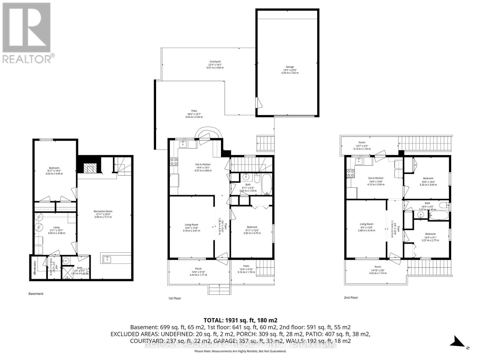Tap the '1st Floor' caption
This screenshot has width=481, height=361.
pyautogui.click(x=174, y=298)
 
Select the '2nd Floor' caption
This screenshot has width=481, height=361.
pyautogui.click(x=351, y=298)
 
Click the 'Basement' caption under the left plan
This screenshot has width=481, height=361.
pyautogui.click(x=36, y=294)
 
